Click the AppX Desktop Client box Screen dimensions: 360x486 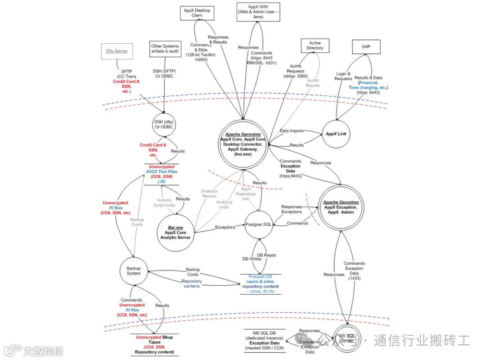tap(197, 13)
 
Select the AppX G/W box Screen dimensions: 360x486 tap(258, 12)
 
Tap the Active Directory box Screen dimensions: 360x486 tap(315, 45)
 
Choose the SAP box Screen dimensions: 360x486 tap(365, 46)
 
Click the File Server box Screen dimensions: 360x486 tap(117, 51)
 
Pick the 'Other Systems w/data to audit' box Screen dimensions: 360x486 tap(165, 49)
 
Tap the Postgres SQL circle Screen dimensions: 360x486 tap(258, 224)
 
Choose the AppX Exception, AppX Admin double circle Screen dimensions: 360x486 tap(341, 207)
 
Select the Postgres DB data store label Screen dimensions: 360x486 tap(260, 283)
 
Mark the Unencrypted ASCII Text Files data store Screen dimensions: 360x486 tap(162, 174)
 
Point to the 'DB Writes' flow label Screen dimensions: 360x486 tap(252, 259)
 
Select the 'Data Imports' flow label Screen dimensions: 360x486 tap(292, 131)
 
